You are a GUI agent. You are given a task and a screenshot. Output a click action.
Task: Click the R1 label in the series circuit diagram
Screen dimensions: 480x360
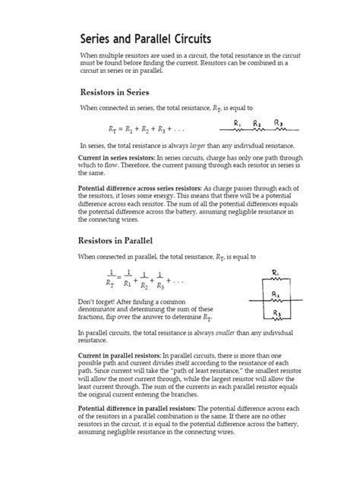(238, 121)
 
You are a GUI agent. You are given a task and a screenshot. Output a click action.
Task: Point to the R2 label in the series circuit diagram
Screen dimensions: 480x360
(257, 121)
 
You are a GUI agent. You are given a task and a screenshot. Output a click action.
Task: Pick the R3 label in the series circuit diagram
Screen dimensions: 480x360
(279, 121)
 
